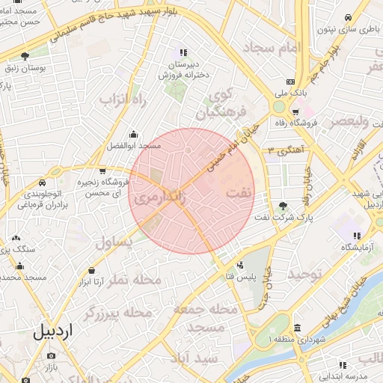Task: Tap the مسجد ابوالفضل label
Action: click(x=134, y=146)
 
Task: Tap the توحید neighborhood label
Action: click(x=306, y=275)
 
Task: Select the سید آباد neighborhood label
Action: click(x=193, y=358)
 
